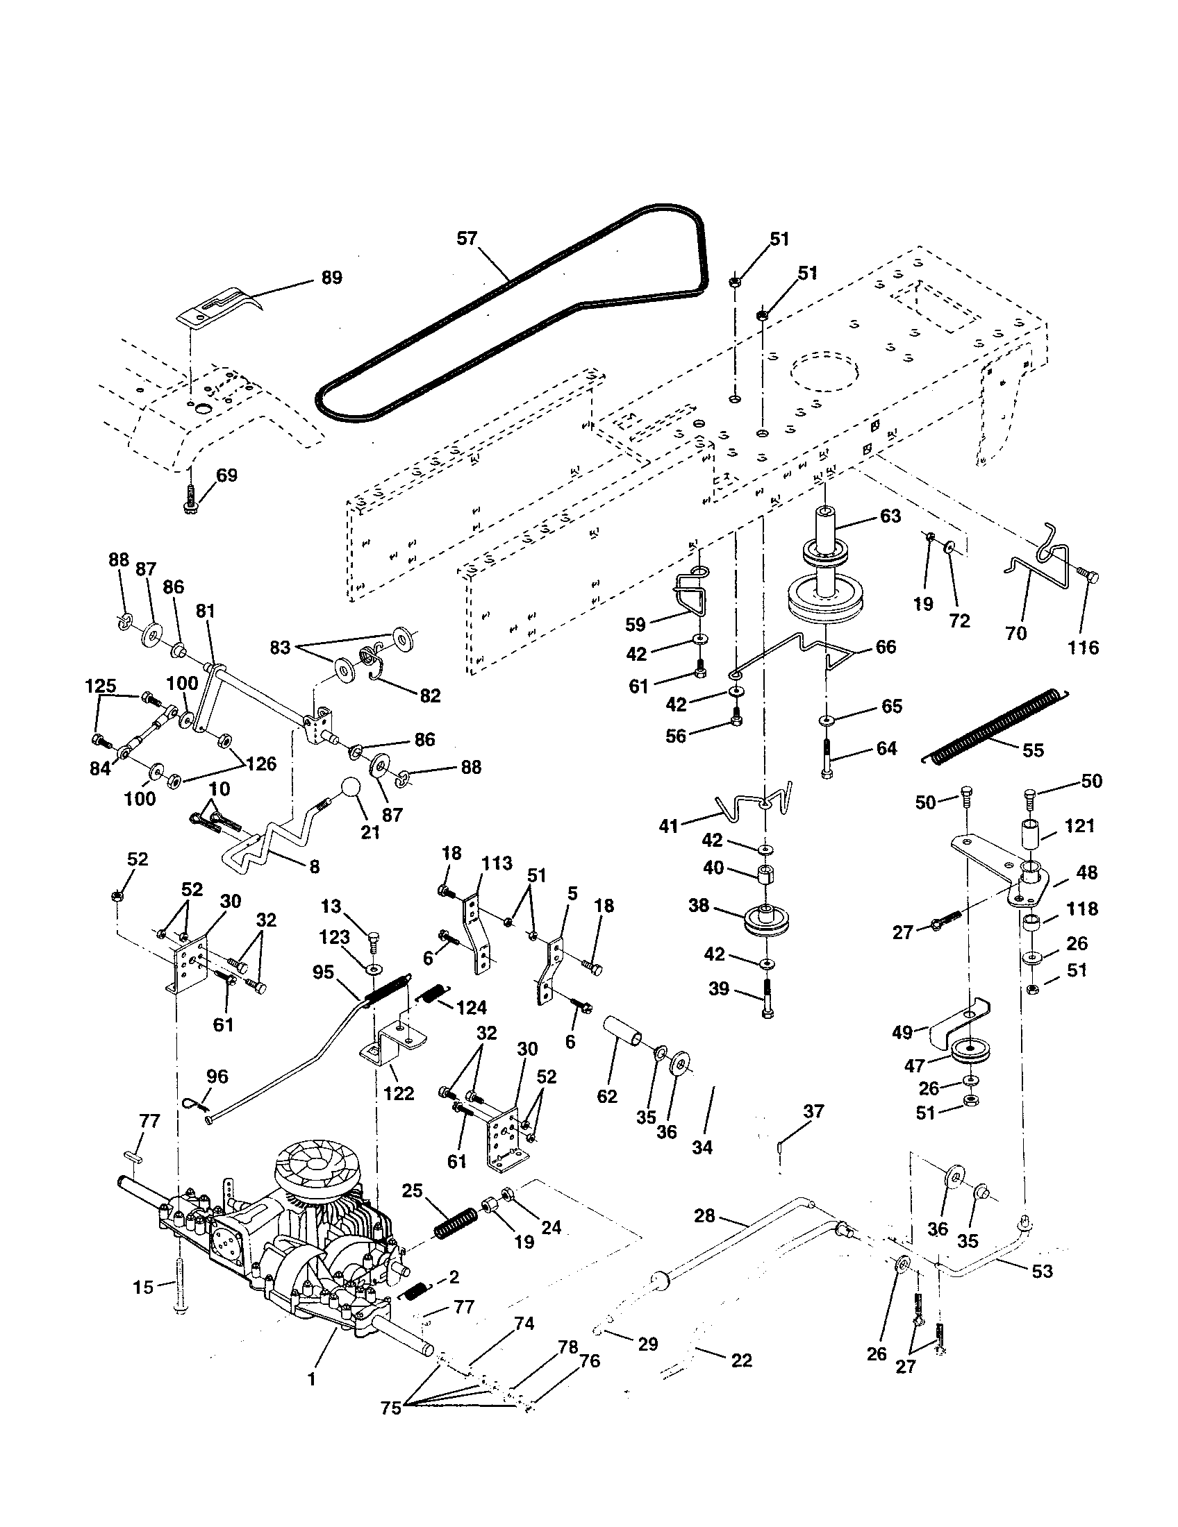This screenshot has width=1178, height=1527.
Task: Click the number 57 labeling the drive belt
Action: [x=466, y=238]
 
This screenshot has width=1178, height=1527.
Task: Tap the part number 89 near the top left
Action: [x=331, y=278]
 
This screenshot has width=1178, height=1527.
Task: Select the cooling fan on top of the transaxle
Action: [x=315, y=1163]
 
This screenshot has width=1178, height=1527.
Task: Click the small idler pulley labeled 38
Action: [x=768, y=920]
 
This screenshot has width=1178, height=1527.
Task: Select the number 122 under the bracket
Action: [x=399, y=1092]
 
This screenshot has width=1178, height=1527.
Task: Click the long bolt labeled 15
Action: [x=181, y=1287]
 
